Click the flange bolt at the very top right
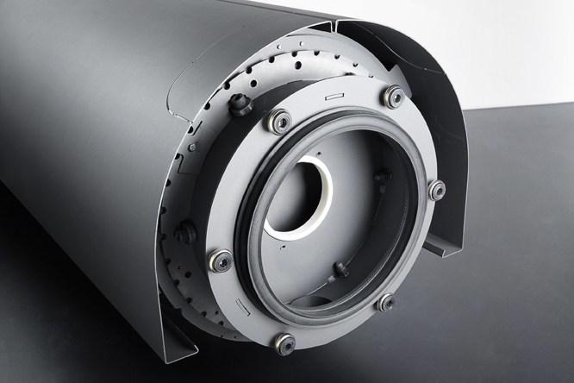tap(394, 96)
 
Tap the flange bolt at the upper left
tap(278, 121)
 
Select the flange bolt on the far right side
tap(436, 189)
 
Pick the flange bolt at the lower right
tap(384, 302)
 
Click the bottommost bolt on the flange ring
tap(284, 342)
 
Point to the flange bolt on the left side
tap(221, 260)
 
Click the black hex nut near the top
tap(240, 105)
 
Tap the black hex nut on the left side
tap(184, 233)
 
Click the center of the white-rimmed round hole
tap(297, 198)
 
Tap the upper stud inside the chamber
tap(380, 178)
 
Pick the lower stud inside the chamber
tap(341, 269)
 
